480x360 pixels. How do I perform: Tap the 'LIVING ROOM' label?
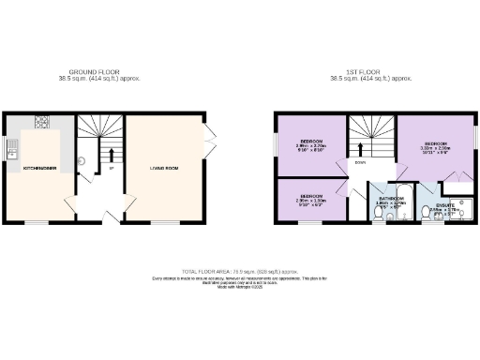point(163,168)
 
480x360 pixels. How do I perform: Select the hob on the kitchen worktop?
point(42,122)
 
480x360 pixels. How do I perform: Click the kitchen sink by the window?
point(11,146)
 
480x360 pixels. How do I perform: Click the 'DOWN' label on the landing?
point(360,161)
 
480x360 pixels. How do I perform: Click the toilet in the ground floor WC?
point(82,160)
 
